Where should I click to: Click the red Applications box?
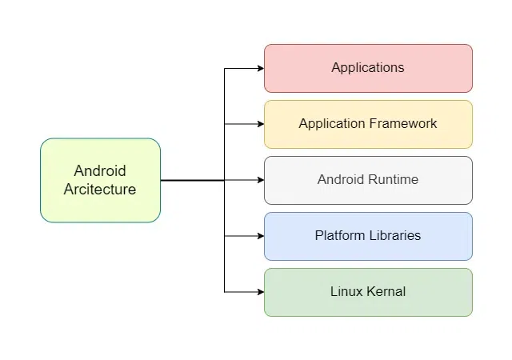[368, 68]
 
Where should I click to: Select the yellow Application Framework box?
[368, 124]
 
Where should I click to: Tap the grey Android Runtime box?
[368, 180]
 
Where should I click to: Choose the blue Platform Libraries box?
[368, 236]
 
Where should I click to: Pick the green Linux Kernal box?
[368, 292]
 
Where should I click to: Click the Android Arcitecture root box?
[100, 180]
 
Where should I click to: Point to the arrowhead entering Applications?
[260, 68]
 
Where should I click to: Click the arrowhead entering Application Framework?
[260, 124]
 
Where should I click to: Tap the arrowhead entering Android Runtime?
[260, 180]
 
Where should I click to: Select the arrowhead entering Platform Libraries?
[260, 236]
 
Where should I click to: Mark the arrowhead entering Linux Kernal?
[260, 292]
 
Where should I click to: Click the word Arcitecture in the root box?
[100, 190]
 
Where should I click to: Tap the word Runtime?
[392, 180]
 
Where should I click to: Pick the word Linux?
[345, 292]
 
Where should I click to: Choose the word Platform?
[339, 236]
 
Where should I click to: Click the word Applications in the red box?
[368, 68]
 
